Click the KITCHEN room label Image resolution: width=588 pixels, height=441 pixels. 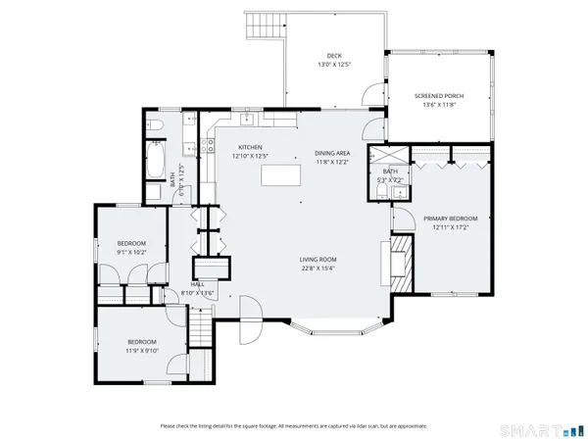(x=249, y=147)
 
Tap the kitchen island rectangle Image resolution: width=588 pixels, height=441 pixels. (x=281, y=175)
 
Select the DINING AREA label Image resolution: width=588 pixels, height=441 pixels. (x=332, y=153)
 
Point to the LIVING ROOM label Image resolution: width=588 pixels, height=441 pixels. (x=318, y=260)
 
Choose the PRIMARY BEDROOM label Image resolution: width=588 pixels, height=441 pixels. (x=451, y=218)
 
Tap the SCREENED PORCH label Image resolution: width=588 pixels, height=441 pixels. (x=439, y=96)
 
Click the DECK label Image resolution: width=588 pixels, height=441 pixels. (x=333, y=56)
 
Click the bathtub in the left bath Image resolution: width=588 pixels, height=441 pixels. (x=155, y=162)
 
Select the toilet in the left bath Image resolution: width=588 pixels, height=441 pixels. (x=155, y=125)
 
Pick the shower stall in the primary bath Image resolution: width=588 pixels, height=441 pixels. (x=378, y=155)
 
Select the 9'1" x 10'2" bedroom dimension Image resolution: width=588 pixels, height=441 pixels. (x=131, y=252)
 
